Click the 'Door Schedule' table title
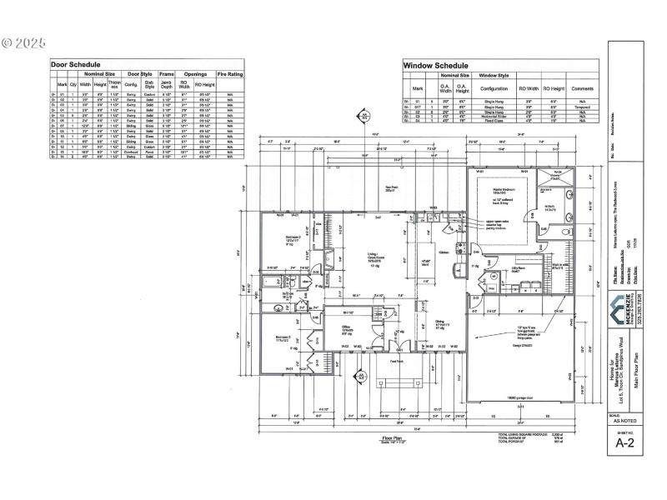click(76, 64)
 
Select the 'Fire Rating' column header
click(230, 74)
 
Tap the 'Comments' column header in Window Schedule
click(582, 87)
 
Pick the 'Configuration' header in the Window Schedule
click(494, 87)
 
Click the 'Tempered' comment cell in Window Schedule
click(582, 107)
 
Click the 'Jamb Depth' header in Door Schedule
click(166, 84)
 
